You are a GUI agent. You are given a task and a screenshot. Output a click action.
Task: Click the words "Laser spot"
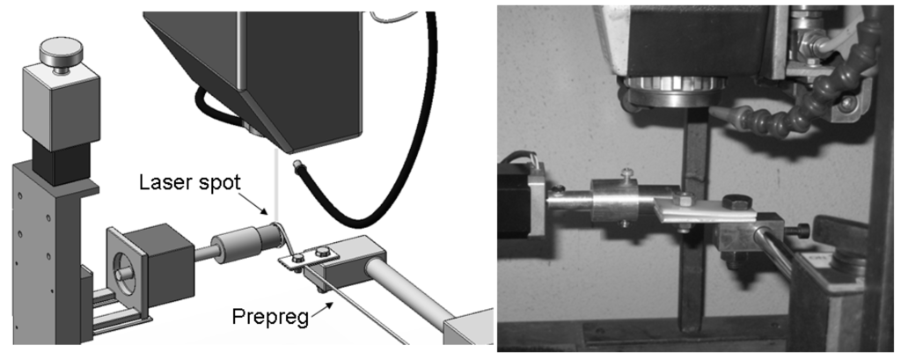pos(190,182)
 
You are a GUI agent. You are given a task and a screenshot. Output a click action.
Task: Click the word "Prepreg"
pos(269,317)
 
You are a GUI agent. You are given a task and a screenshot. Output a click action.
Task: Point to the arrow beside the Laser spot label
pos(254,203)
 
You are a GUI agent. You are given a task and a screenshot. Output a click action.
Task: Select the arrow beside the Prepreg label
pos(321,310)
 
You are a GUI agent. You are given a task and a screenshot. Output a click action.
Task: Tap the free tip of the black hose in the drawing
pos(297,165)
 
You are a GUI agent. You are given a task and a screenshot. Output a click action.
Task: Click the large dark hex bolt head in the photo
pos(736,202)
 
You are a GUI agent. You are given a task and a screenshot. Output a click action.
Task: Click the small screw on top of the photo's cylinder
pos(626,173)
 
